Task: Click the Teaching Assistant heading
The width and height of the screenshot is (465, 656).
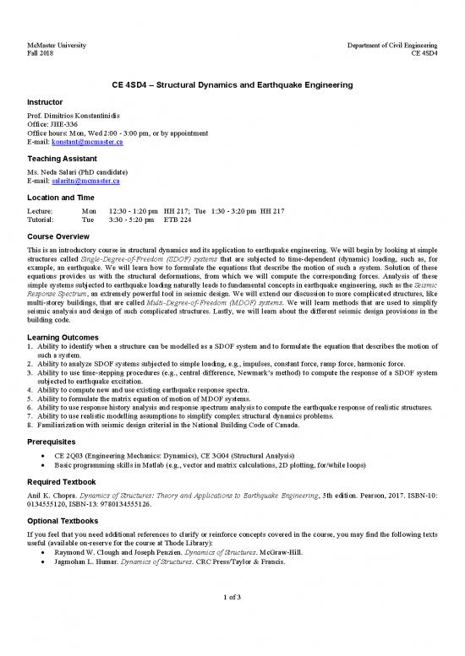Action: (x=64, y=158)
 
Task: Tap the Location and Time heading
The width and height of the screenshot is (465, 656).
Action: (x=65, y=196)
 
